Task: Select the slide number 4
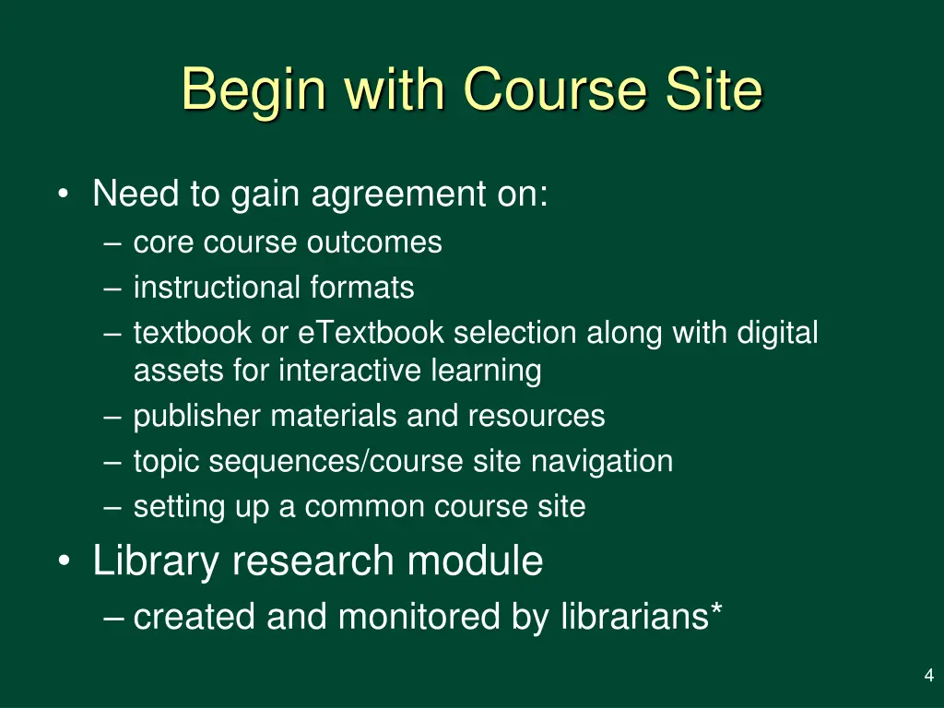(x=928, y=677)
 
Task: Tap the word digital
(x=777, y=332)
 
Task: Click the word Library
(x=155, y=560)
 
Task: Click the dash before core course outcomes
(x=113, y=244)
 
